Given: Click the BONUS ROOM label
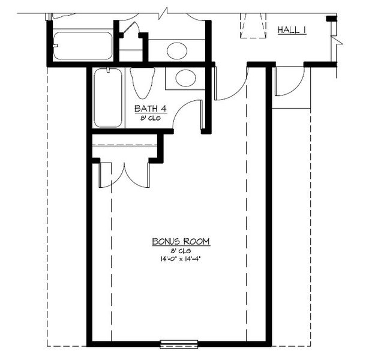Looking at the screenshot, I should click(180, 241).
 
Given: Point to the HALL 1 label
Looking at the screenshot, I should click(292, 29).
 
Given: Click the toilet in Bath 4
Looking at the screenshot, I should click(142, 82).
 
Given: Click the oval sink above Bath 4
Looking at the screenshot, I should click(177, 50).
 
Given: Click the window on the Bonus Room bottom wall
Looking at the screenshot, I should click(178, 344).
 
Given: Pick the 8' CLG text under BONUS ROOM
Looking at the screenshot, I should click(180, 250).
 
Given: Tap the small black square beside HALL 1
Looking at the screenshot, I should click(329, 19).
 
